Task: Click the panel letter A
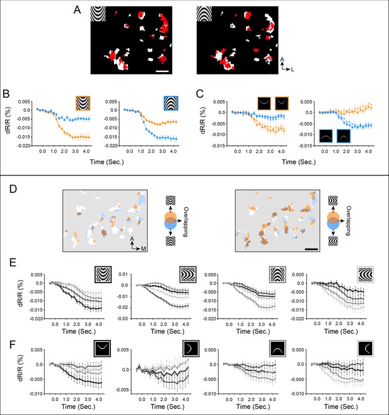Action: (77, 10)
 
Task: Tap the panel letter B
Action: (6, 94)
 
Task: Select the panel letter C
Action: (200, 94)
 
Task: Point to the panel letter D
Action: (13, 189)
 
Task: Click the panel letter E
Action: (13, 262)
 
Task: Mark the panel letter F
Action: (13, 345)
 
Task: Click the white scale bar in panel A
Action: (162, 71)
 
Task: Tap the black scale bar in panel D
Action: (311, 249)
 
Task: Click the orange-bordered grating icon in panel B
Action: (83, 103)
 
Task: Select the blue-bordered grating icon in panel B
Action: (171, 103)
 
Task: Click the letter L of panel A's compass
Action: (293, 69)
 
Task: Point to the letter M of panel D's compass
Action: (143, 248)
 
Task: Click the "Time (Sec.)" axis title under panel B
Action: (107, 162)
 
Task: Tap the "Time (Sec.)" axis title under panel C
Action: (299, 162)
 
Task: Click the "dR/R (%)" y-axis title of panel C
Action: (204, 120)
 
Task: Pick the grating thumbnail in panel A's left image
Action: (98, 14)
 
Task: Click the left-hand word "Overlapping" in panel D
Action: (185, 222)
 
